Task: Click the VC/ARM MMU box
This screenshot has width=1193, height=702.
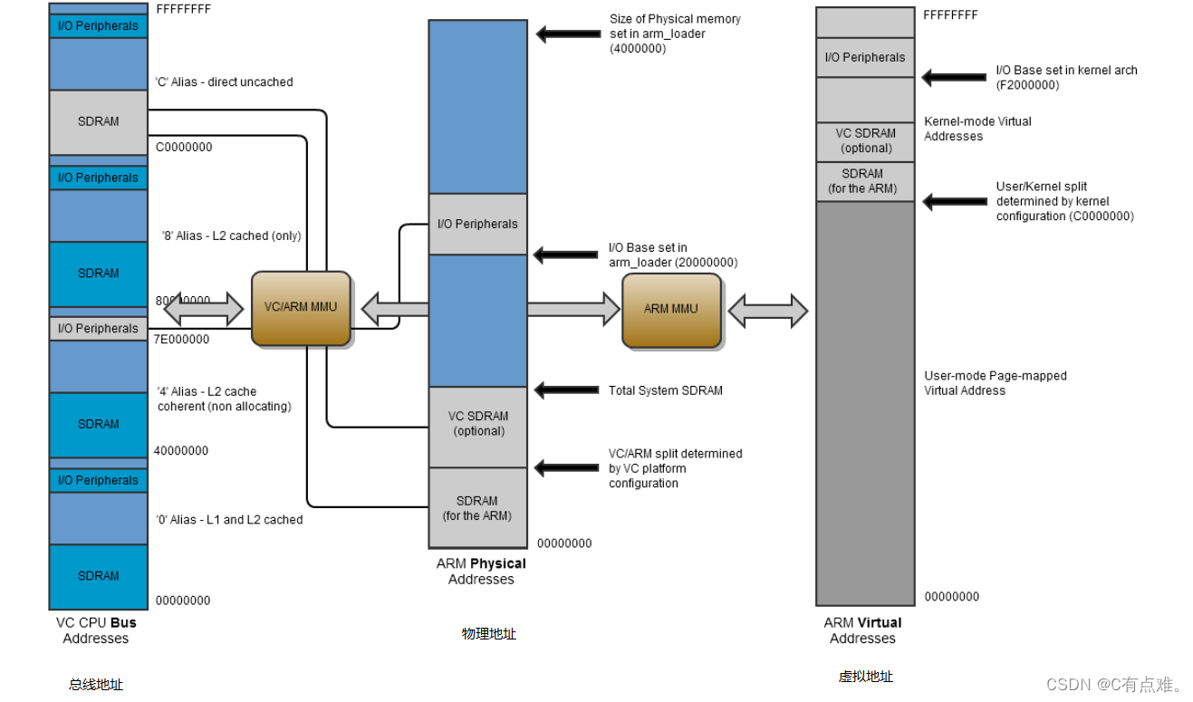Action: [301, 308]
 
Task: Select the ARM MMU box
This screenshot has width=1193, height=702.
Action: [671, 310]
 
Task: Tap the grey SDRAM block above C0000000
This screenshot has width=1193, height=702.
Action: [98, 121]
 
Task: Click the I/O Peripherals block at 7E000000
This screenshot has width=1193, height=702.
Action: [98, 329]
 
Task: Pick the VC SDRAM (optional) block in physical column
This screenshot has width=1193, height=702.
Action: [477, 424]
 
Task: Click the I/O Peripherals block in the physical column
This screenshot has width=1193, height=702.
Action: [477, 224]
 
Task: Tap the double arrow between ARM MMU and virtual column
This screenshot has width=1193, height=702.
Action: [768, 311]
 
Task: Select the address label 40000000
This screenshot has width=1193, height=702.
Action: [181, 451]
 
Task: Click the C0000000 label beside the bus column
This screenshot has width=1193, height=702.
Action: [184, 147]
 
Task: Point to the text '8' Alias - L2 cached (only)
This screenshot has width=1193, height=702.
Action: [231, 236]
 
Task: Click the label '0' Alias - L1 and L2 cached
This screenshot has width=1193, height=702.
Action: [229, 520]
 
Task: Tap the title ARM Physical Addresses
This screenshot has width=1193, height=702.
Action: [481, 572]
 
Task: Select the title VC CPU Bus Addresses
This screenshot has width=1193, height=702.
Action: [96, 630]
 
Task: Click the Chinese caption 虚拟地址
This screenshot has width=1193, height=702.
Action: [865, 677]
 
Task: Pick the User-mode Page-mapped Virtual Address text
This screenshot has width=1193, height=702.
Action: [995, 383]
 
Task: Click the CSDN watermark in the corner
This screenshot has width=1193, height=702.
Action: [1115, 685]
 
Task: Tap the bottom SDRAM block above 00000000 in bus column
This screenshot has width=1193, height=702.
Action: [98, 576]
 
